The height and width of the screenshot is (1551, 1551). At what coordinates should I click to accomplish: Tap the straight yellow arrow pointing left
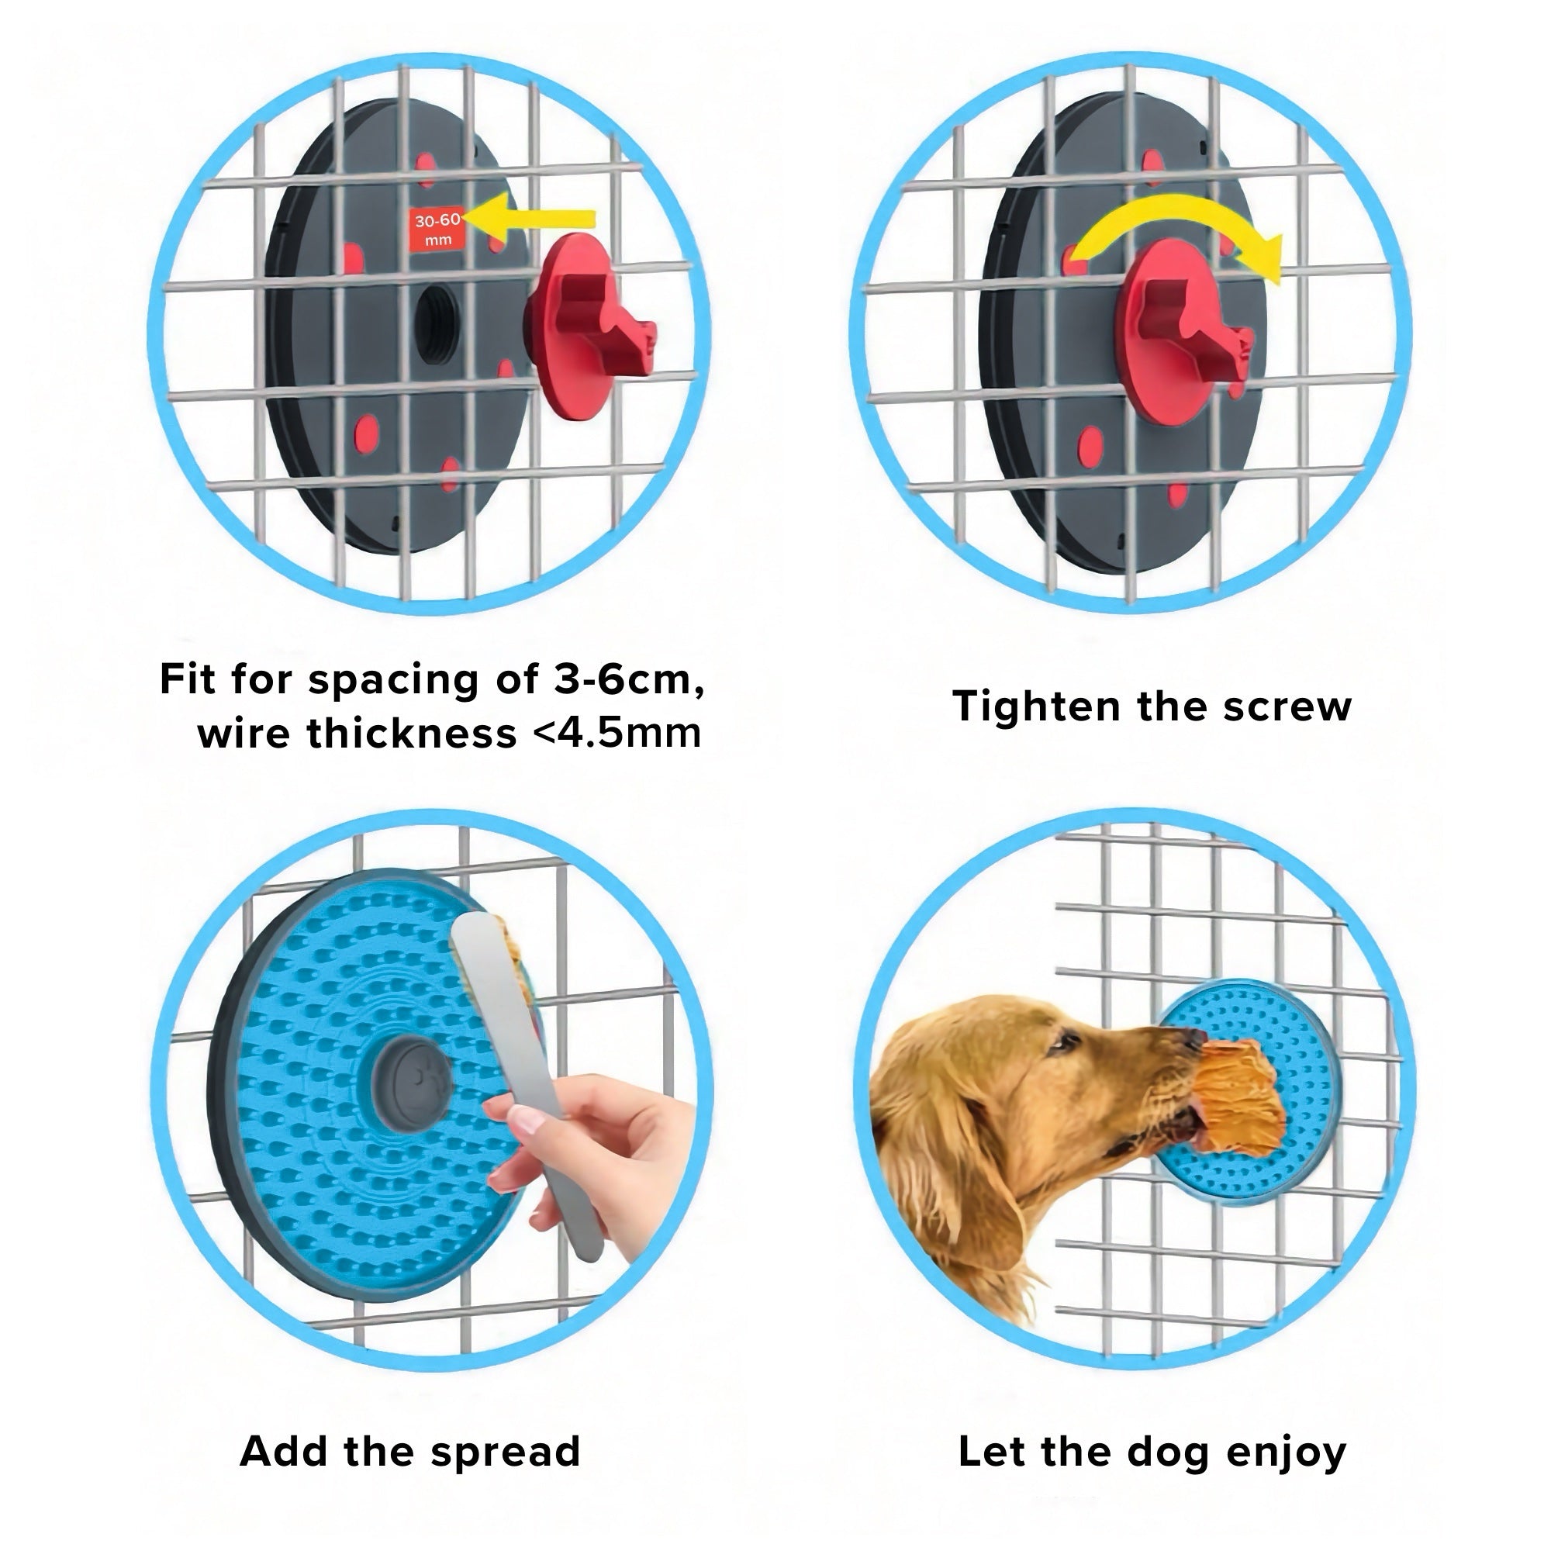pyautogui.click(x=530, y=219)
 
